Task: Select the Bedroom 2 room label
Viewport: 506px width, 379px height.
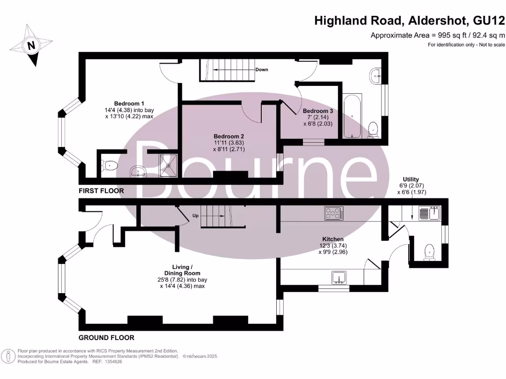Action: [228, 136]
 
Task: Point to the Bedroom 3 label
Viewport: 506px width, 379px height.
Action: [318, 111]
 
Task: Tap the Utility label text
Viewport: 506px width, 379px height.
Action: [411, 179]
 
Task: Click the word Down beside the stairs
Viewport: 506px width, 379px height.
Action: [262, 70]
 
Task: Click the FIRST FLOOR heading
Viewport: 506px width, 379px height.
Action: [101, 190]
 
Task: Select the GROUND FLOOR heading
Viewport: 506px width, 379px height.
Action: [106, 338]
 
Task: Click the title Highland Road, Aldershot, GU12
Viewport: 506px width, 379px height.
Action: [410, 21]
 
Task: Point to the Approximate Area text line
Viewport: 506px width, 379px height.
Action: [437, 35]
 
